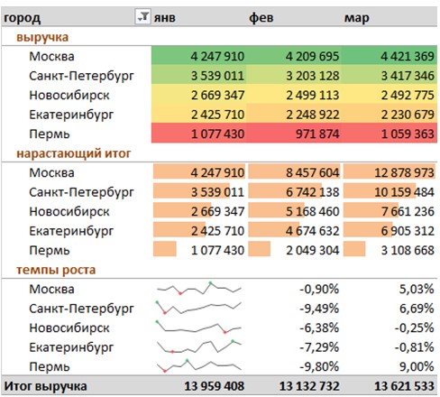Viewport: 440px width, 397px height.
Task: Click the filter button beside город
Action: click(142, 16)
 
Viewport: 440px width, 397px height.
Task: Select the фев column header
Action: click(261, 18)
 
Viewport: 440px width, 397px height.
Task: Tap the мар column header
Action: click(356, 18)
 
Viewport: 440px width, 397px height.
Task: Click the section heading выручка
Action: click(42, 37)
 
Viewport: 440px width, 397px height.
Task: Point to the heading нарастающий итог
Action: click(74, 153)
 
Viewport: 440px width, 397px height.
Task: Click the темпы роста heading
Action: click(56, 270)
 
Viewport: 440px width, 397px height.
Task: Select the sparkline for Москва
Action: click(199, 289)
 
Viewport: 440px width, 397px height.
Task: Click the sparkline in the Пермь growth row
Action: click(199, 365)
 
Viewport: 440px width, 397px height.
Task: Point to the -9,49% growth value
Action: click(319, 309)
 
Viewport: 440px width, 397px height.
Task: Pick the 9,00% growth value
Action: click(417, 366)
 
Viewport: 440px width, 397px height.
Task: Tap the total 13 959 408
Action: click(215, 386)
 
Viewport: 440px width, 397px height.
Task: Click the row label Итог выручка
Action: click(45, 386)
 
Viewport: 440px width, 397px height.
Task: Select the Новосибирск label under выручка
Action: click(69, 96)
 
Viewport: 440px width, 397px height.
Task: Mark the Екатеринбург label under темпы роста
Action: click(71, 347)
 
